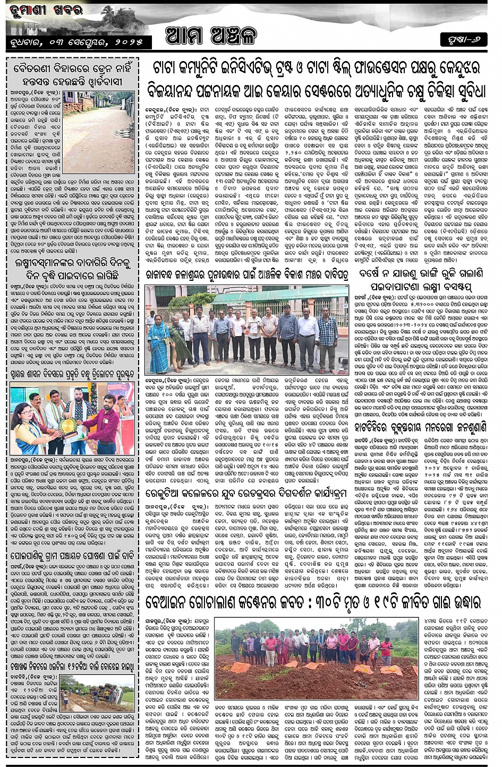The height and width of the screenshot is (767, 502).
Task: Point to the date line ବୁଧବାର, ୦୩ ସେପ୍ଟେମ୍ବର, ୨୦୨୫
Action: tap(76, 42)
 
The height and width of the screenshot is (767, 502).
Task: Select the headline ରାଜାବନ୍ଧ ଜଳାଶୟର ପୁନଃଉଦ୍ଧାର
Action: tap(247, 275)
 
